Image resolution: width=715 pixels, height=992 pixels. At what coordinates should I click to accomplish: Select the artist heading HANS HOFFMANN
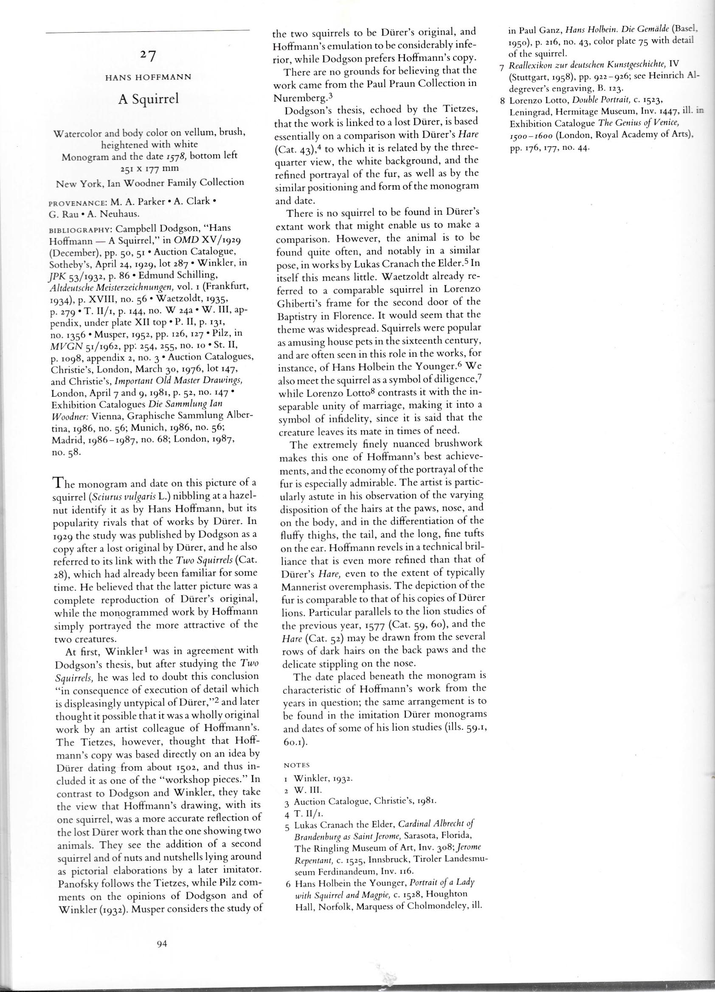(x=148, y=78)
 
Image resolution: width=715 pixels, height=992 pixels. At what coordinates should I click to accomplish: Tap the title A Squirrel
(x=149, y=100)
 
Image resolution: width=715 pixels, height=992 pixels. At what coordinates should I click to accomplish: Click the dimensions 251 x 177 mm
(x=149, y=167)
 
